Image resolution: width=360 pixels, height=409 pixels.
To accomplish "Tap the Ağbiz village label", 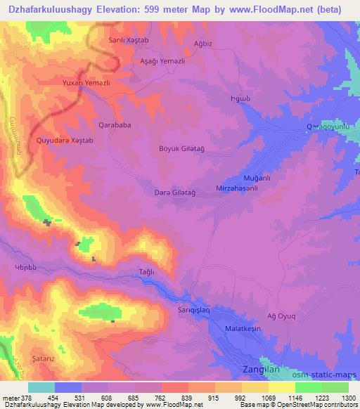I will pos(202,42).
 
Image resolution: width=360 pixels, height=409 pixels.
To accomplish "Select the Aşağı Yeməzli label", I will pos(162,61).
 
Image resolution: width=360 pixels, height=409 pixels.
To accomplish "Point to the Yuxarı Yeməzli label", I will pos(86,82).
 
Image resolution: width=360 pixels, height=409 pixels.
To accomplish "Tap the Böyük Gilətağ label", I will pos(182,148).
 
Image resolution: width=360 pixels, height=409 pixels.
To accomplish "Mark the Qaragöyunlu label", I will pos(327,126).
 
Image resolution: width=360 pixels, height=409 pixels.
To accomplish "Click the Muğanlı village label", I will pos(257,178).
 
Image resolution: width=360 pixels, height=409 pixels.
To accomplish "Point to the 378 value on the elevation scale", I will pos(27,397).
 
